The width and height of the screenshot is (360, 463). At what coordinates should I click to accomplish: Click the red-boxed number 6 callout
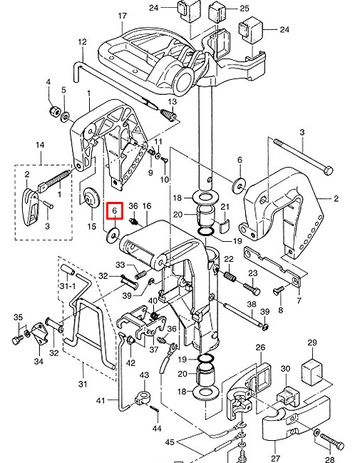tap(115, 210)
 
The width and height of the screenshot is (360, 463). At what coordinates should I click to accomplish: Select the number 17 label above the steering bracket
tap(122, 16)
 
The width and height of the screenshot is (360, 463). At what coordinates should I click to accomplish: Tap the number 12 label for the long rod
tap(82, 42)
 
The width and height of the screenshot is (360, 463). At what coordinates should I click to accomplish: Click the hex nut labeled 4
tap(55, 111)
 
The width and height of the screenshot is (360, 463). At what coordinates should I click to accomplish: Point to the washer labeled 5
tap(65, 118)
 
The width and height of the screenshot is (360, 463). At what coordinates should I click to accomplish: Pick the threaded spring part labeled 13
tap(169, 115)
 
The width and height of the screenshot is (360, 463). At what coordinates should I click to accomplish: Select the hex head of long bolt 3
tap(328, 171)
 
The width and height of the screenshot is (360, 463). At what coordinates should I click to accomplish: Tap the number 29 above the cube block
tap(312, 343)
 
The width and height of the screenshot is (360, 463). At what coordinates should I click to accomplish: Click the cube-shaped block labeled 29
tap(312, 371)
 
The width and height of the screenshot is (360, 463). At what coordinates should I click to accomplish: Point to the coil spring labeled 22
tap(230, 276)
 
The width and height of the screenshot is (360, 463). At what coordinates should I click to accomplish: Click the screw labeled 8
tap(278, 290)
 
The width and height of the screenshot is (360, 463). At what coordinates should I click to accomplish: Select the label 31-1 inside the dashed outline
tap(68, 286)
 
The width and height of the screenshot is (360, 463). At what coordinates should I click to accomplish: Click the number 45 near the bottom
tap(170, 442)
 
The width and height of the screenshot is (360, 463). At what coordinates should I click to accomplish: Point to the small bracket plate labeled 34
tap(40, 333)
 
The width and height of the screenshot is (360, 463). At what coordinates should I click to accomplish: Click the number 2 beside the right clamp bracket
tap(336, 198)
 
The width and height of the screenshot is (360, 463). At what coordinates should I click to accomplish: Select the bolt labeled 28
tap(332, 441)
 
